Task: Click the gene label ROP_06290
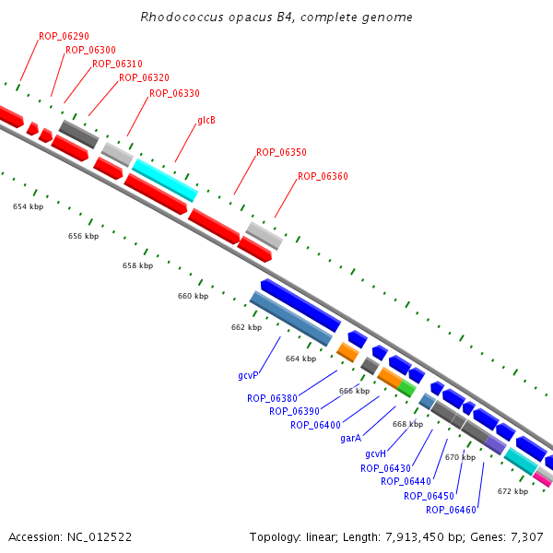click(x=64, y=36)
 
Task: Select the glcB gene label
click(x=206, y=121)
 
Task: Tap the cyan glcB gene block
click(x=164, y=180)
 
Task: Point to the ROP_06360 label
click(x=323, y=176)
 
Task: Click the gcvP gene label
click(x=248, y=376)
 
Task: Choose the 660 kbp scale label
click(x=193, y=296)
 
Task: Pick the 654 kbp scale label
click(x=28, y=206)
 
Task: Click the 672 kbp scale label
click(x=512, y=491)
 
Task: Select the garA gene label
click(x=350, y=439)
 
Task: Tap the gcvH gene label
click(x=375, y=454)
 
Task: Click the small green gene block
click(x=406, y=389)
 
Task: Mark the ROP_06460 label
click(x=451, y=510)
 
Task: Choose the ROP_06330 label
click(x=174, y=93)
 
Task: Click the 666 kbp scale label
click(x=354, y=391)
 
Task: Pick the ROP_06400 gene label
click(x=315, y=425)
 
